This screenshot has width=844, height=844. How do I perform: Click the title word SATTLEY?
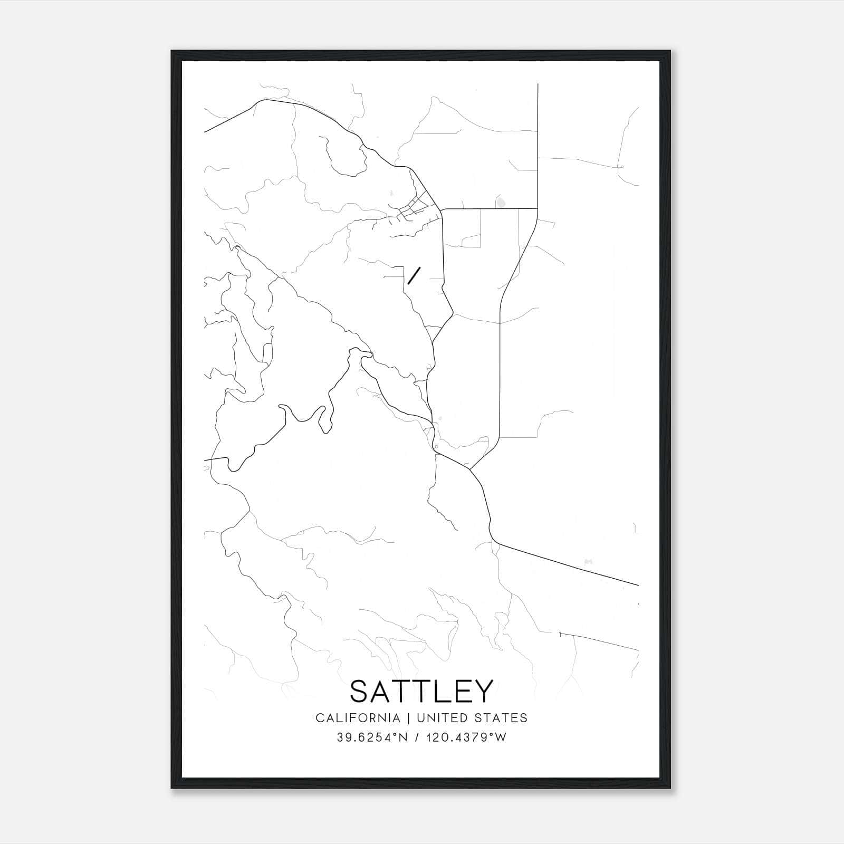pos(421,691)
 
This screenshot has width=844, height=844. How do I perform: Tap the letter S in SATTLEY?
pos(360,691)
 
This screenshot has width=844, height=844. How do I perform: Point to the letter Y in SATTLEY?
pos(483,691)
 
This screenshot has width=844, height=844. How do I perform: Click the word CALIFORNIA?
pos(358,718)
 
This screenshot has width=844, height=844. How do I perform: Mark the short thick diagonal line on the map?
pos(414,275)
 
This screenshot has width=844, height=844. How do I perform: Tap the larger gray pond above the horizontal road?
pos(500,202)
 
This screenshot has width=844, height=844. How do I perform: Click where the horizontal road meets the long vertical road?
pos(537,209)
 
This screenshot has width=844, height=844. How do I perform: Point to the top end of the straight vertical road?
pos(538,84)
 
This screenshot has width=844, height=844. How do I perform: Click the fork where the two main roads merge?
pos(469,468)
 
